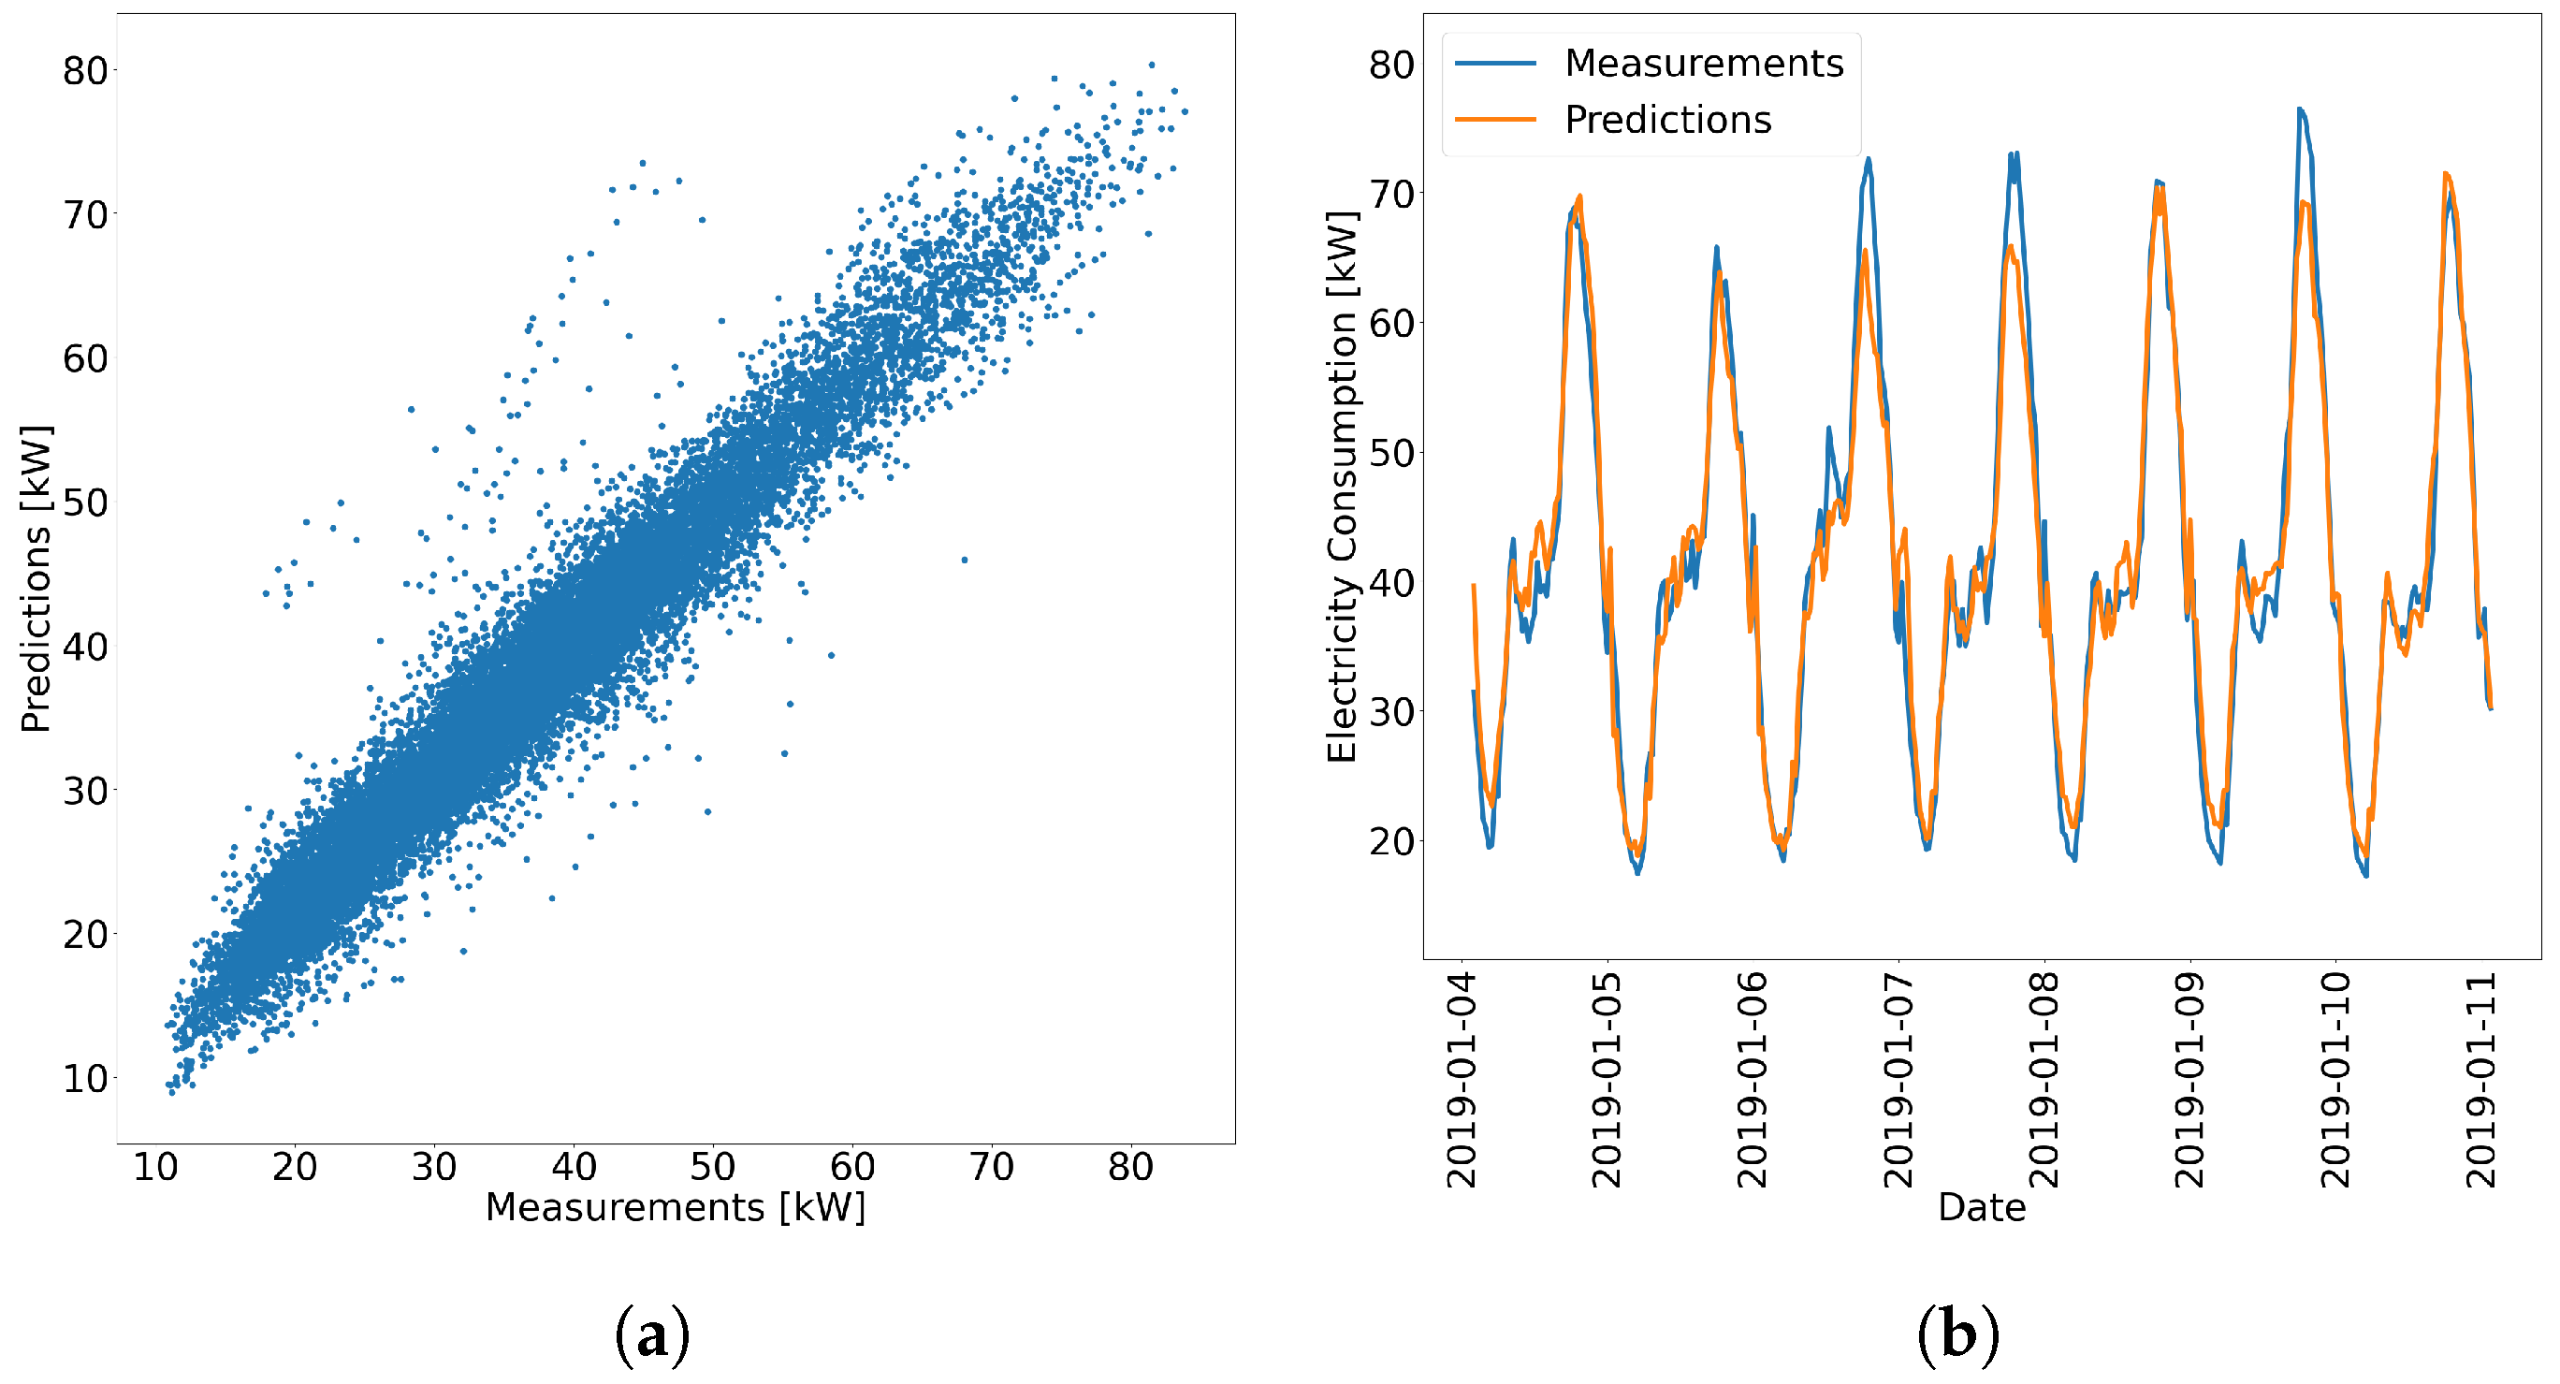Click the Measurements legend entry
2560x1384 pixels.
[1702, 64]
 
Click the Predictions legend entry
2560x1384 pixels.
[1666, 120]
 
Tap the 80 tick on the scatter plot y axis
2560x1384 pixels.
[84, 70]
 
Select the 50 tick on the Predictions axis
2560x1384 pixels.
[84, 503]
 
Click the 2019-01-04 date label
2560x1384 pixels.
[1461, 1080]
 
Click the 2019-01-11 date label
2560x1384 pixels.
[2480, 1080]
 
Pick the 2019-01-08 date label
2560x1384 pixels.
[2044, 1080]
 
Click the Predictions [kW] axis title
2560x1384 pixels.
[36, 579]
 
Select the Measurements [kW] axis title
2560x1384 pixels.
[675, 1207]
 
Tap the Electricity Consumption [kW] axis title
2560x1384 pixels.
[1343, 487]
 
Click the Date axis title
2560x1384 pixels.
[1981, 1207]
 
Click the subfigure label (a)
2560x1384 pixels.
[652, 1336]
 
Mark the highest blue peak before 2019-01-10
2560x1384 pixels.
[2301, 110]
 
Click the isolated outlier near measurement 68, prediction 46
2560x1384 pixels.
[964, 561]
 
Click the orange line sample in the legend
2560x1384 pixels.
[1495, 120]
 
